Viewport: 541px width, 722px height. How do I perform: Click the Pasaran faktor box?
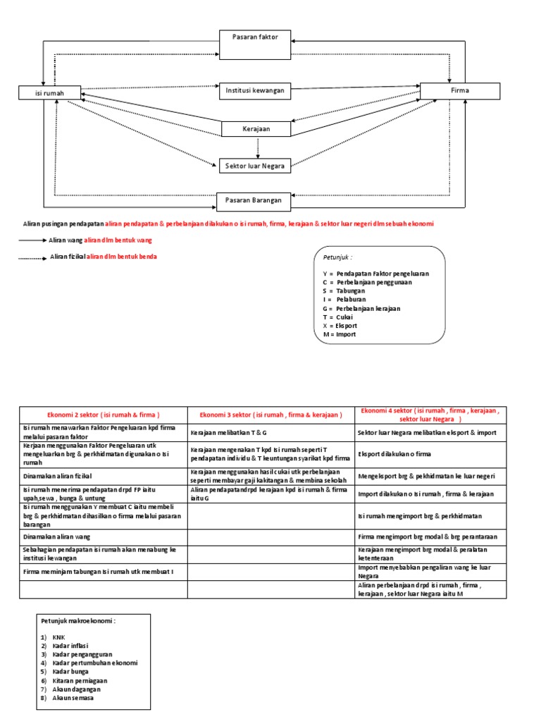click(254, 37)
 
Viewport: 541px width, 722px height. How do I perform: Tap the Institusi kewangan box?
click(255, 90)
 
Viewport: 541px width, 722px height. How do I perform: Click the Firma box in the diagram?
click(459, 91)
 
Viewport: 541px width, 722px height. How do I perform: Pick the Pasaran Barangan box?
click(254, 201)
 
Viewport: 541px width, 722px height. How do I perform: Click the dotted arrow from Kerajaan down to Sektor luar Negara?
click(259, 147)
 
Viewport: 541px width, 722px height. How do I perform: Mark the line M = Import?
click(340, 334)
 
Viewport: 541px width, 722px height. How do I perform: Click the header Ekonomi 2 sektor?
click(103, 415)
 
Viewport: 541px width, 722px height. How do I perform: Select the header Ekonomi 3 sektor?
click(271, 415)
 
